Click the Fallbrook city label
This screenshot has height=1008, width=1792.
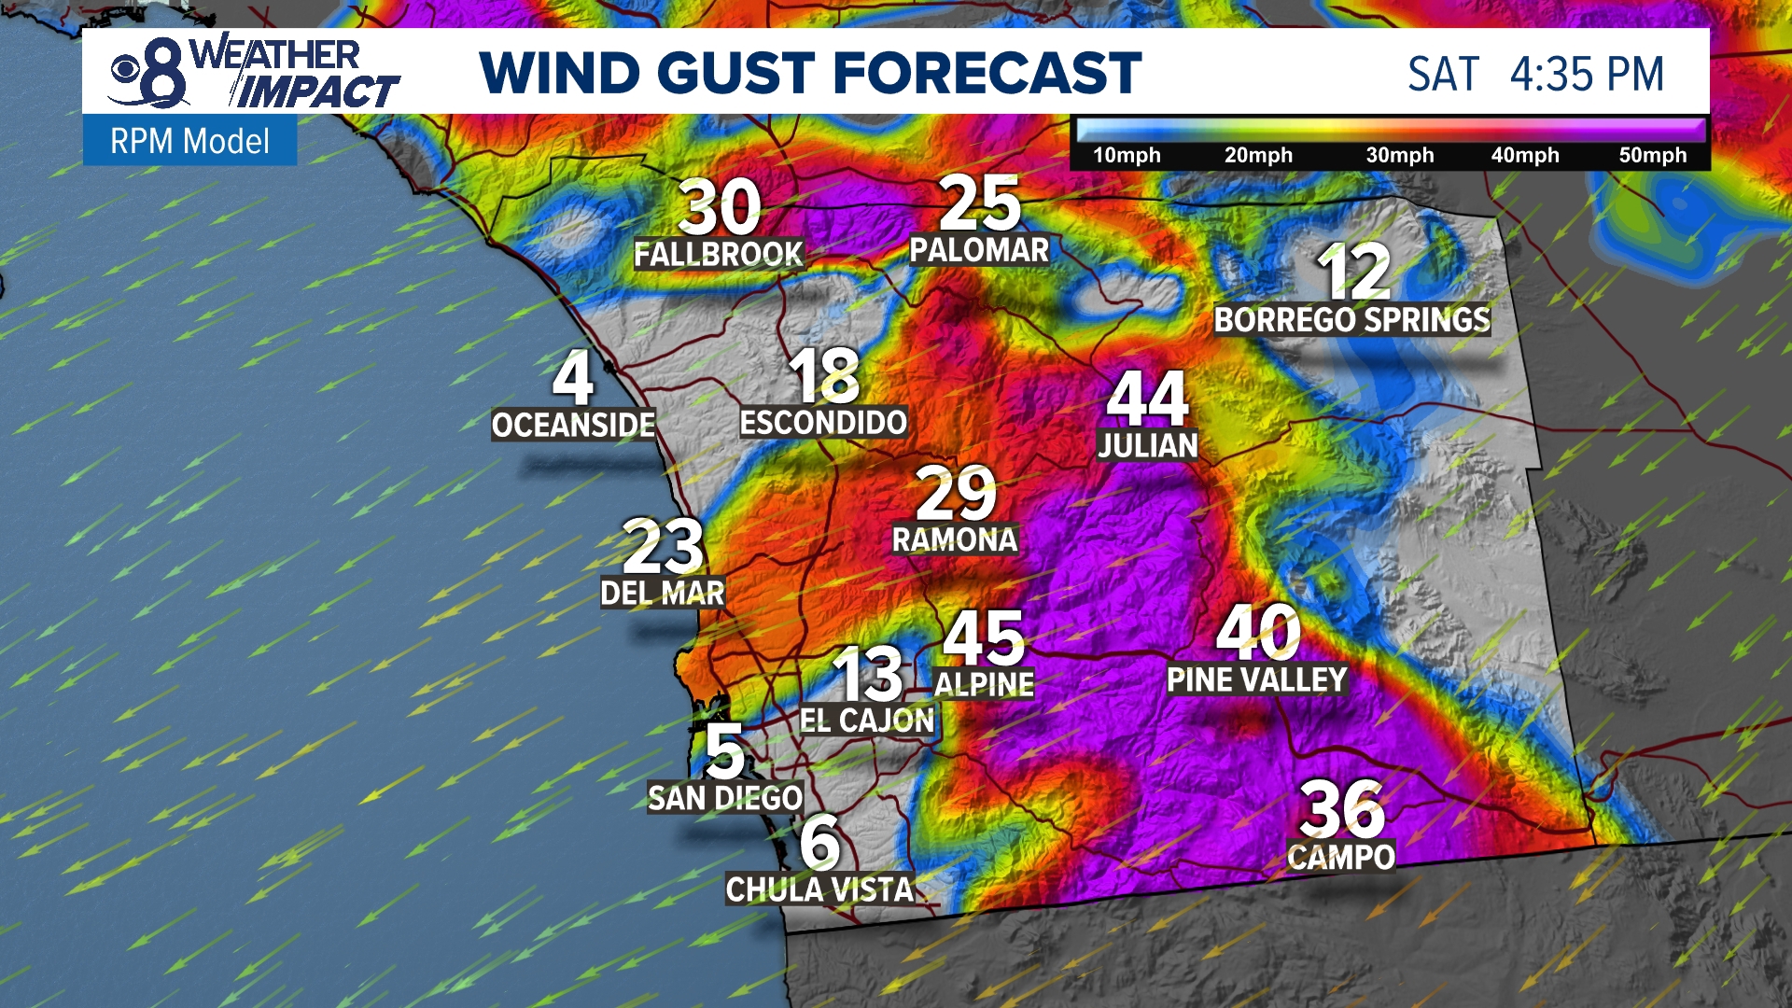(x=718, y=254)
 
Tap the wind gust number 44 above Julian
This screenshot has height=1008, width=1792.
(x=1147, y=399)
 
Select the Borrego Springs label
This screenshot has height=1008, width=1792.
(x=1351, y=320)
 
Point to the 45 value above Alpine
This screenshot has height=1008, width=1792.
(x=984, y=637)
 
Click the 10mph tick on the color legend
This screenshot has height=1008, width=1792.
(x=1127, y=155)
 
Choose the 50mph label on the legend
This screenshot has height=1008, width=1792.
(x=1652, y=155)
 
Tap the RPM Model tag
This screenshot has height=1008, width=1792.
(x=189, y=141)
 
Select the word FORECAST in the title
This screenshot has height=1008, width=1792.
(x=987, y=74)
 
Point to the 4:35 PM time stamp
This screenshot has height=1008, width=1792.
(x=1587, y=75)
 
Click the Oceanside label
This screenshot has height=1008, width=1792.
(x=573, y=425)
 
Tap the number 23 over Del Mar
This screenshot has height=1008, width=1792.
(x=663, y=547)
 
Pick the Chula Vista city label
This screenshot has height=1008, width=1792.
(x=819, y=889)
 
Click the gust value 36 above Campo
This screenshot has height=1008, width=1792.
(x=1341, y=809)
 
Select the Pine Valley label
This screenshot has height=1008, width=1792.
(x=1256, y=679)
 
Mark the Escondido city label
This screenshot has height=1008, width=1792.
(x=822, y=422)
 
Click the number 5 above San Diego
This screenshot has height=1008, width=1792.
(x=725, y=751)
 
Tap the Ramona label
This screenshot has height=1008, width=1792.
(x=954, y=539)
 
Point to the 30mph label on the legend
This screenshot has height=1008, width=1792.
(x=1399, y=155)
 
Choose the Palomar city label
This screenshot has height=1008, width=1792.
(x=979, y=250)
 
